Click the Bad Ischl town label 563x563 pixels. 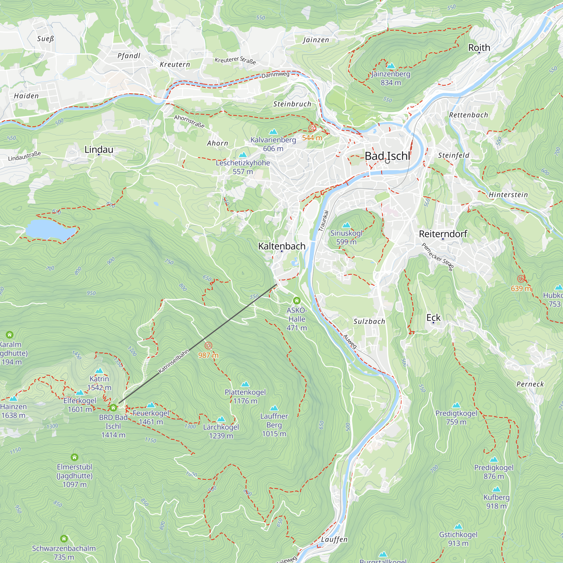(387, 156)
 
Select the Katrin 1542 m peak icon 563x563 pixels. (99, 371)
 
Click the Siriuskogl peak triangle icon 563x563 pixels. (346, 225)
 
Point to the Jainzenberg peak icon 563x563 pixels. (391, 66)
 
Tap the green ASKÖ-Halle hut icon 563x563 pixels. (297, 300)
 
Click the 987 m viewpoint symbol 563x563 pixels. (208, 346)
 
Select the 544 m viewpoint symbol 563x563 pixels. (312, 128)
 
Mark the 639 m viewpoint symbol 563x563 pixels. (521, 279)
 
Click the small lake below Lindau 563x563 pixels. (50, 230)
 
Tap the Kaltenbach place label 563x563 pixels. (282, 246)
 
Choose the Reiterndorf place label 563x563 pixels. (443, 234)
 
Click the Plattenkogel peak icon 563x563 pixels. (245, 384)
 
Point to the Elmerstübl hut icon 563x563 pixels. (75, 457)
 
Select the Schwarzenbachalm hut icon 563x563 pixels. (64, 539)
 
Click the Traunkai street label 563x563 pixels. (323, 221)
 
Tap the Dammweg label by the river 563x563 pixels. (275, 75)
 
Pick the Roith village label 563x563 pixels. (479, 48)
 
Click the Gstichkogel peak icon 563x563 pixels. (458, 526)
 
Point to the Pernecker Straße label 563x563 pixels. (438, 257)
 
